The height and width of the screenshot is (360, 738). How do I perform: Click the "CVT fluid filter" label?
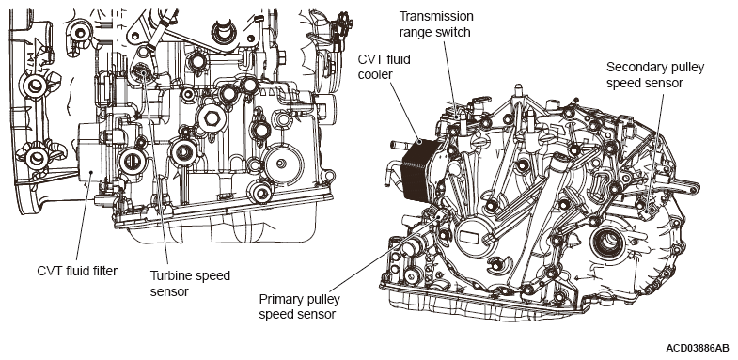pyautogui.click(x=77, y=271)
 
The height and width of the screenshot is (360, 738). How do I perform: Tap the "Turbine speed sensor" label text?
pyautogui.click(x=190, y=283)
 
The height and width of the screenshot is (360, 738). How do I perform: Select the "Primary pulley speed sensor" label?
pyautogui.click(x=299, y=306)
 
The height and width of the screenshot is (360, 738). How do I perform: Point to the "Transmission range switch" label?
pyautogui.click(x=436, y=24)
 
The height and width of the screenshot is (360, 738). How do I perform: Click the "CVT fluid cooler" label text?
pyautogui.click(x=385, y=67)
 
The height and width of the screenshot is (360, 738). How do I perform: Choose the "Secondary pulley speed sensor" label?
pyautogui.click(x=655, y=75)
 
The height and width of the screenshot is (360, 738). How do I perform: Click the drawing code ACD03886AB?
pyautogui.click(x=697, y=348)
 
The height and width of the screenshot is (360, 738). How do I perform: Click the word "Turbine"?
pyautogui.click(x=171, y=275)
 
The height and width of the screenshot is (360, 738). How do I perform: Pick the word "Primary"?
pyautogui.click(x=279, y=299)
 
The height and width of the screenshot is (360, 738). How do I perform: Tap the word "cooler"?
pyautogui.click(x=375, y=74)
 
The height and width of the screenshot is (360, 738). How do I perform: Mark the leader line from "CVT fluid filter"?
pyautogui.click(x=83, y=218)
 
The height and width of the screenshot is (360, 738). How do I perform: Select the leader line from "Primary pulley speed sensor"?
pyautogui.click(x=385, y=254)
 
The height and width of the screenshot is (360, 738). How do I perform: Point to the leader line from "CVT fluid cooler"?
pyautogui.click(x=405, y=113)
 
